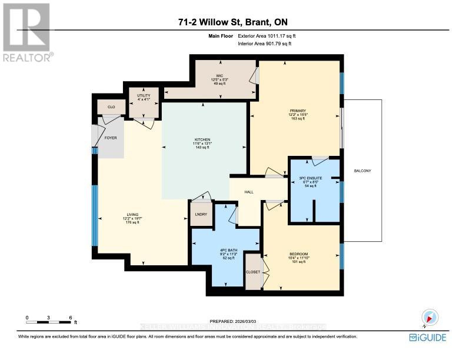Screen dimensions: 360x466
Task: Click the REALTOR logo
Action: [x=27, y=32]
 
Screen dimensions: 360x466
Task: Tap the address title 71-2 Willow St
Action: [x=232, y=23]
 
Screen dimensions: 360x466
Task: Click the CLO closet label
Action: [x=110, y=108]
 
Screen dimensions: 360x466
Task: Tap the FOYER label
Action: [x=111, y=139]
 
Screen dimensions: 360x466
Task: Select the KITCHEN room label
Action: [x=202, y=140]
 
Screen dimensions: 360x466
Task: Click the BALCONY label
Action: [x=362, y=171]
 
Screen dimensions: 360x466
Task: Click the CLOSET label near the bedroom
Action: [x=252, y=272]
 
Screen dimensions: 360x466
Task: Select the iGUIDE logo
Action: [x=428, y=337]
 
